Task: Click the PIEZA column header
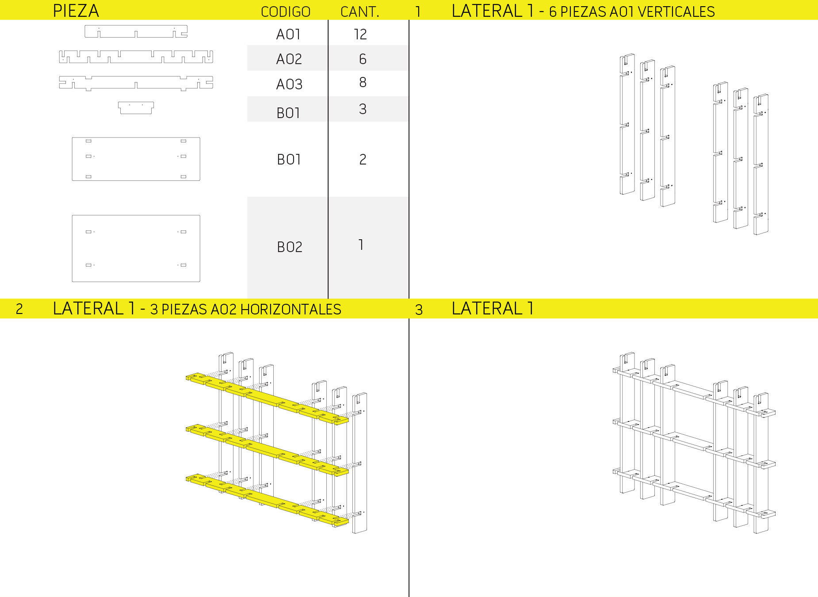(76, 11)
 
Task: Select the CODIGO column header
(286, 12)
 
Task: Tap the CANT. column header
(360, 12)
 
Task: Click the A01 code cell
(288, 34)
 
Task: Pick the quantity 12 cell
(360, 34)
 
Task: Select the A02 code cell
(289, 59)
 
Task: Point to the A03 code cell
(289, 84)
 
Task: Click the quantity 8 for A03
(363, 82)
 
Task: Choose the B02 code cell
(290, 247)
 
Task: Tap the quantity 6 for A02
(363, 59)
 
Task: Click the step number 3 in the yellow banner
(419, 310)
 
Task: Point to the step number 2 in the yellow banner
(19, 309)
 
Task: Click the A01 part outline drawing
(136, 31)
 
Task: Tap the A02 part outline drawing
(136, 57)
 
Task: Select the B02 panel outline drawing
(136, 249)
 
